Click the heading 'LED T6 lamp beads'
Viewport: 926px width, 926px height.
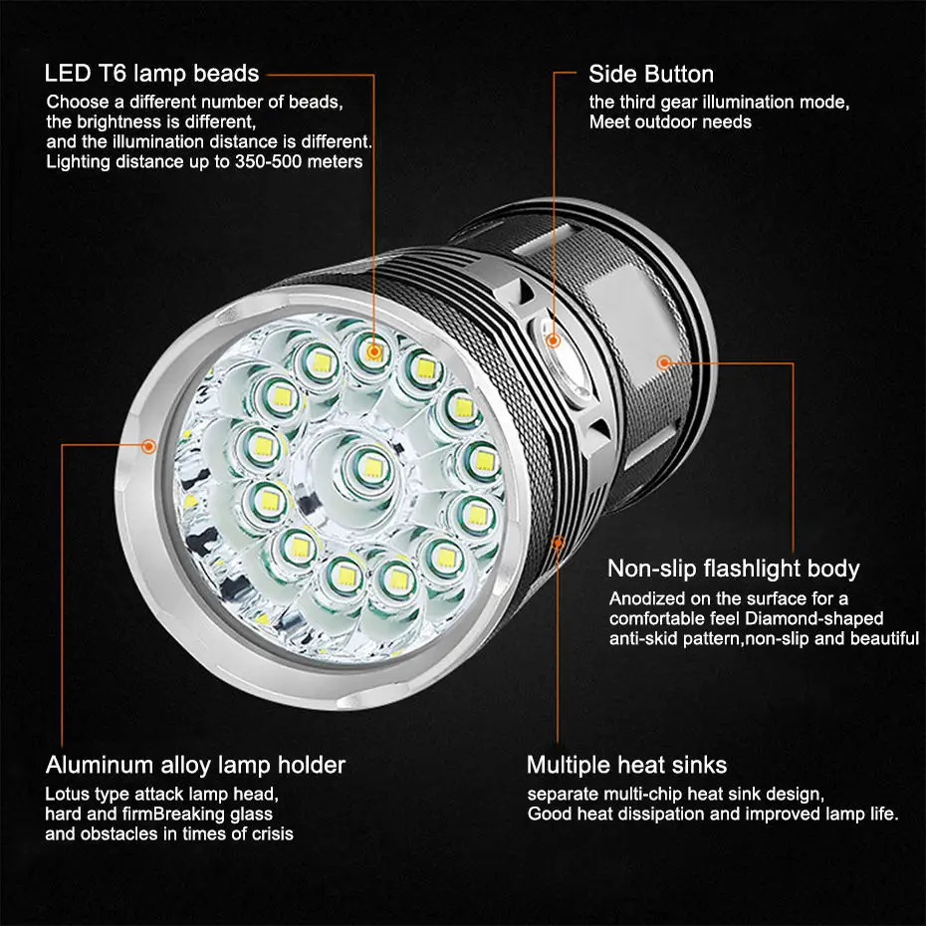tap(151, 74)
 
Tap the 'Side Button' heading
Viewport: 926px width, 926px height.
tap(651, 75)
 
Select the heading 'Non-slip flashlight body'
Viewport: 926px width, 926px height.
tap(733, 569)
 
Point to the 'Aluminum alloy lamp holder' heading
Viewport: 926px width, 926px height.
tap(195, 766)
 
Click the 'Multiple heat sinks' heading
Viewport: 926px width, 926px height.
tap(626, 766)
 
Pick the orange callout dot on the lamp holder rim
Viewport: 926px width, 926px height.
tap(148, 446)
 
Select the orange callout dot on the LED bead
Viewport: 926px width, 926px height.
tap(373, 352)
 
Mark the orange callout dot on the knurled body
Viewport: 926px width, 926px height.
tap(664, 362)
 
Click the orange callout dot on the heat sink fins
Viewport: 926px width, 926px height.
tap(558, 543)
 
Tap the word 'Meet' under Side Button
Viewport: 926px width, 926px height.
tap(607, 122)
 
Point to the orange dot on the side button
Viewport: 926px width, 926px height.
tap(554, 341)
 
